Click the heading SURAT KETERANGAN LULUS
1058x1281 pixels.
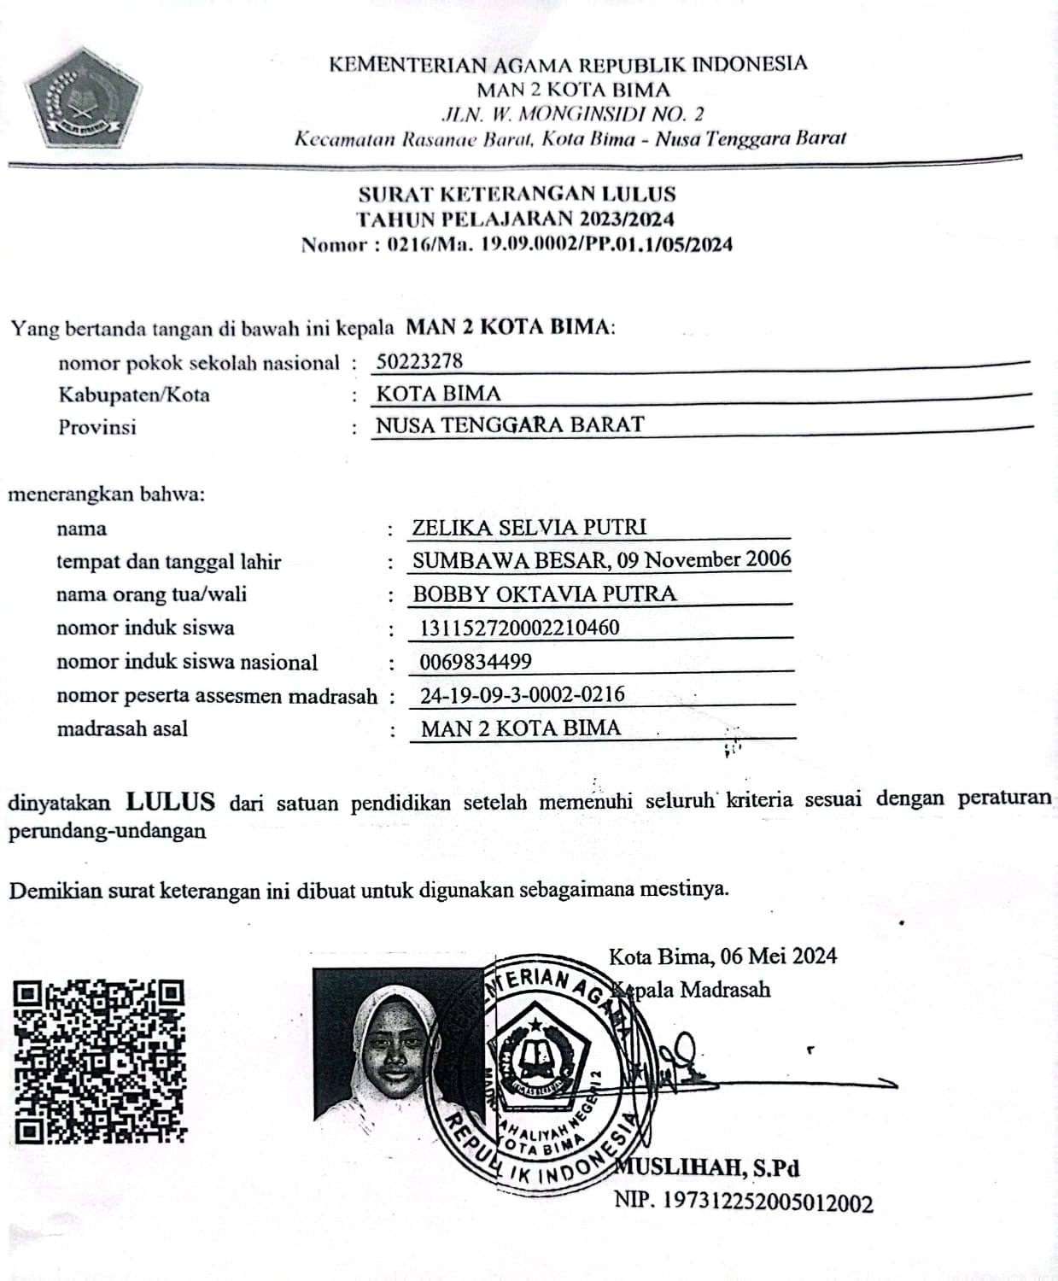click(x=517, y=194)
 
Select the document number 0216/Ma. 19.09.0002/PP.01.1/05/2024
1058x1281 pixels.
click(x=559, y=245)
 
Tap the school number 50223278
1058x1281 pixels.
click(x=419, y=361)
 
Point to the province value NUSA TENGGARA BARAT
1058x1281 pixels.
click(x=510, y=424)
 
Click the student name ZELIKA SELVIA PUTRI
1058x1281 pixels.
click(x=529, y=527)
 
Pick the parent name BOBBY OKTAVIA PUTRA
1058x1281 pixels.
click(x=544, y=594)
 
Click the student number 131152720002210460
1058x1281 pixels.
click(x=519, y=628)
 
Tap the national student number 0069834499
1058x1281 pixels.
click(x=476, y=661)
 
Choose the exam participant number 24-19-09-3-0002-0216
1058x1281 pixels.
click(x=522, y=694)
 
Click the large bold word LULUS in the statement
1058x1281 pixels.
click(x=170, y=802)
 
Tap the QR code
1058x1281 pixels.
click(x=100, y=1062)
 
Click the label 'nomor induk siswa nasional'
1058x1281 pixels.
click(x=187, y=662)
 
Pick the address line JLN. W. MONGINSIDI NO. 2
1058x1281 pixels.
click(x=572, y=114)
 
